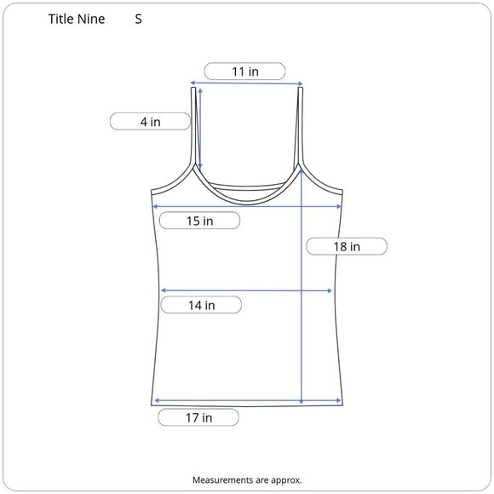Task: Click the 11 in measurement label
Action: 244,72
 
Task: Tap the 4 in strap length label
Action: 150,122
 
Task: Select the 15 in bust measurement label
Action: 200,221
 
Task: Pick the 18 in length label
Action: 347,246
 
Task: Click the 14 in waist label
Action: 201,305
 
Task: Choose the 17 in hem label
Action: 198,417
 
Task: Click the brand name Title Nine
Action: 77,19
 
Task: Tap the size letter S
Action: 138,20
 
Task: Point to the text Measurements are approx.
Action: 247,480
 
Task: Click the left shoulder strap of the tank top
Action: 193,126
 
